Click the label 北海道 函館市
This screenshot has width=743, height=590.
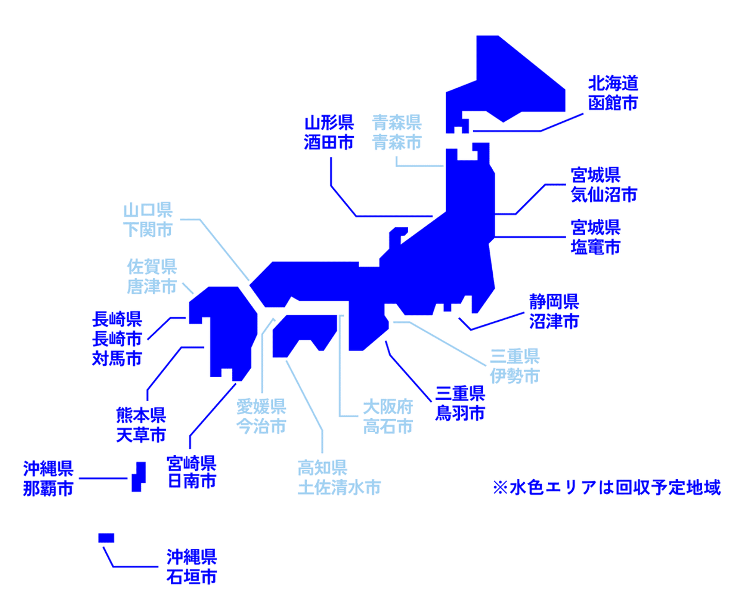pyautogui.click(x=612, y=93)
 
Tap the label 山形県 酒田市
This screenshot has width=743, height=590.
pyautogui.click(x=329, y=133)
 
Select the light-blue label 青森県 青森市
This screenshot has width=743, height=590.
pyautogui.click(x=396, y=133)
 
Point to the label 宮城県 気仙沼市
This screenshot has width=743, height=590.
pyautogui.click(x=604, y=185)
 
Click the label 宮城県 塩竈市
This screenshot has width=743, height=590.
pyautogui.click(x=595, y=237)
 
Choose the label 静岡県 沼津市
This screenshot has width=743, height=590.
pyautogui.click(x=554, y=312)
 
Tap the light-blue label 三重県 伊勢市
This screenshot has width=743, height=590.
pyautogui.click(x=514, y=366)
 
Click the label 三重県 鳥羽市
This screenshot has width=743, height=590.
pyautogui.click(x=460, y=404)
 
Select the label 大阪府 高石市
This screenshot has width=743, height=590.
pyautogui.click(x=387, y=417)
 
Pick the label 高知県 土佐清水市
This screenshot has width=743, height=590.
pyautogui.click(x=339, y=478)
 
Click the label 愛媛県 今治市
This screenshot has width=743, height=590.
pyautogui.click(x=261, y=417)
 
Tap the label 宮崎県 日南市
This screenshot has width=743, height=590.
pyautogui.click(x=191, y=472)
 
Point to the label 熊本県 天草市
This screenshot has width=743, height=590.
pyautogui.click(x=141, y=425)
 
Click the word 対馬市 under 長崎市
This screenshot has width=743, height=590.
pyautogui.click(x=117, y=359)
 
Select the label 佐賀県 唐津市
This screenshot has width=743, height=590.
pyautogui.click(x=152, y=276)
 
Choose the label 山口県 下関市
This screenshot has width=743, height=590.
pyautogui.click(x=148, y=220)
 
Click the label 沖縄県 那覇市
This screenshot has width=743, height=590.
pyautogui.click(x=48, y=478)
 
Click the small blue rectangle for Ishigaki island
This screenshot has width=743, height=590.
pyautogui.click(x=106, y=538)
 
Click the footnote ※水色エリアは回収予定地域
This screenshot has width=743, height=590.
pyautogui.click(x=607, y=487)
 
